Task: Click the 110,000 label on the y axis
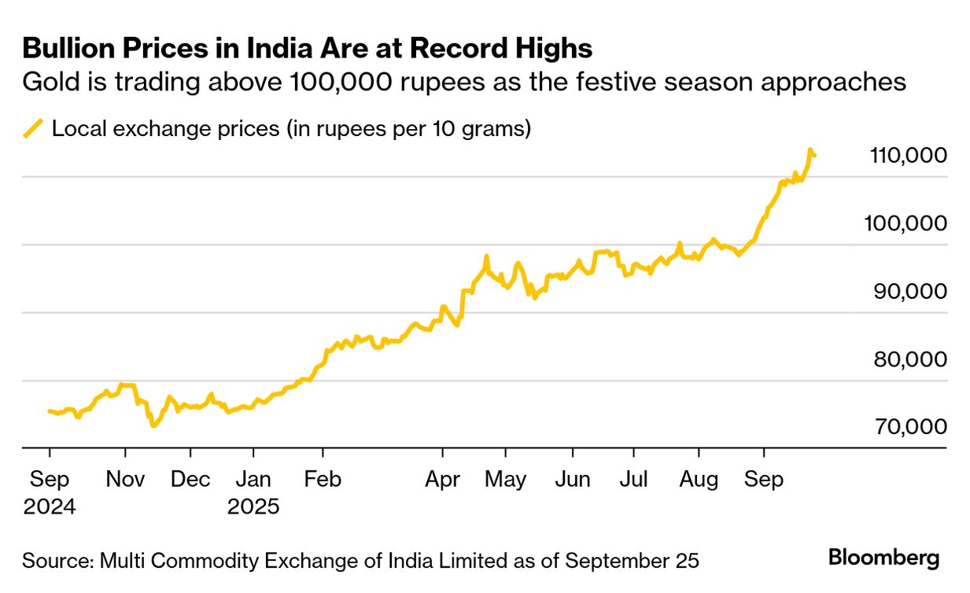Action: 909,156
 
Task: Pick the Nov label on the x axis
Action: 125,479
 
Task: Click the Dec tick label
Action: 190,479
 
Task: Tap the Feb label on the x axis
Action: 322,479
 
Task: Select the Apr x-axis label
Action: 442,479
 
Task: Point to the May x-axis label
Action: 506,479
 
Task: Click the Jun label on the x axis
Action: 573,479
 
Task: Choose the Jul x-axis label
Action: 633,479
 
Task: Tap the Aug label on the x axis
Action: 699,479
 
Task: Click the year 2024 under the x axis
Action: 50,506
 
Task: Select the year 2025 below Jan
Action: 253,506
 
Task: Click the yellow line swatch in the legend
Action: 34,128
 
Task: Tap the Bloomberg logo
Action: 883,558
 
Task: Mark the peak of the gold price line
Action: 810,149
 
